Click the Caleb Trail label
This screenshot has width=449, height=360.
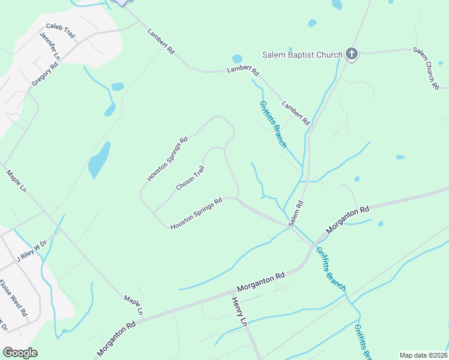click(x=61, y=31)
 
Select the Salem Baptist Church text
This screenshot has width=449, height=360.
click(x=302, y=55)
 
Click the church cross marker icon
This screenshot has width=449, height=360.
click(x=352, y=55)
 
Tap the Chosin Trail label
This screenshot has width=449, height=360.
click(x=190, y=178)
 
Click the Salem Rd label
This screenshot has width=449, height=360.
click(x=296, y=213)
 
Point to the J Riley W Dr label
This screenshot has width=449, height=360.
click(x=31, y=251)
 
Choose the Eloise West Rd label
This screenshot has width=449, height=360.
click(x=13, y=298)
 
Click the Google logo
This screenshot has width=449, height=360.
click(x=20, y=353)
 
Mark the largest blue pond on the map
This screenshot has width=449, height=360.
click(x=99, y=160)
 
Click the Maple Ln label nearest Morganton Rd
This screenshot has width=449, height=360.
click(x=133, y=305)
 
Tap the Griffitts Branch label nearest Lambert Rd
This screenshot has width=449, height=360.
click(x=273, y=124)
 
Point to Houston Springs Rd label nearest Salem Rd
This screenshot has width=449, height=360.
click(x=196, y=214)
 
